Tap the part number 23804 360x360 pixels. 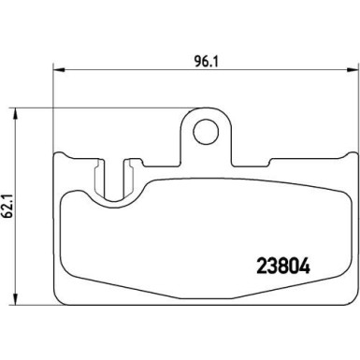pos(283,266)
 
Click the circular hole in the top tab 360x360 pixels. pos(206,131)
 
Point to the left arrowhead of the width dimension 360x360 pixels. pos(59,69)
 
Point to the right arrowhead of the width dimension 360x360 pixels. pos(353,69)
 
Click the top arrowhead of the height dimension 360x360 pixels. pos(15,113)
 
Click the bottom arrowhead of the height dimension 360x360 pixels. pos(15,299)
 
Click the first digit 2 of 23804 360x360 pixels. pos(262,266)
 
